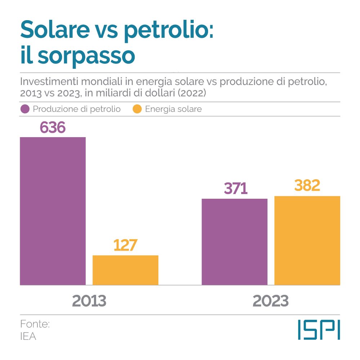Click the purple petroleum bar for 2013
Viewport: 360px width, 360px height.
53,211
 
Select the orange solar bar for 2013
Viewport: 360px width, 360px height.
125,270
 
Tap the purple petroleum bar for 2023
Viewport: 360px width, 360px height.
234,242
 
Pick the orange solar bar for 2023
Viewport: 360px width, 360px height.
307,240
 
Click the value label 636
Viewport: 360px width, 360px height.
53,128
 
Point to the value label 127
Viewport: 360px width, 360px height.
125,245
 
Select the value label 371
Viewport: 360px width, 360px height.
236,189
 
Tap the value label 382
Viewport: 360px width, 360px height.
307,185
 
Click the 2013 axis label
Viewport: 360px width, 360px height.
89,301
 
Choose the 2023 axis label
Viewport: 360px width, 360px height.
271,301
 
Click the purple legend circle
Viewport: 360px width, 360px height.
25,109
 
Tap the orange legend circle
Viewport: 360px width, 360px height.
137,109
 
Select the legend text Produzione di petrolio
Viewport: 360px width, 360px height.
77,109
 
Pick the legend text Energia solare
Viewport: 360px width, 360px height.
174,109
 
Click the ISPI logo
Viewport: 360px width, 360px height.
319,330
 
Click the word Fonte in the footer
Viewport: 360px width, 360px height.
35,324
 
